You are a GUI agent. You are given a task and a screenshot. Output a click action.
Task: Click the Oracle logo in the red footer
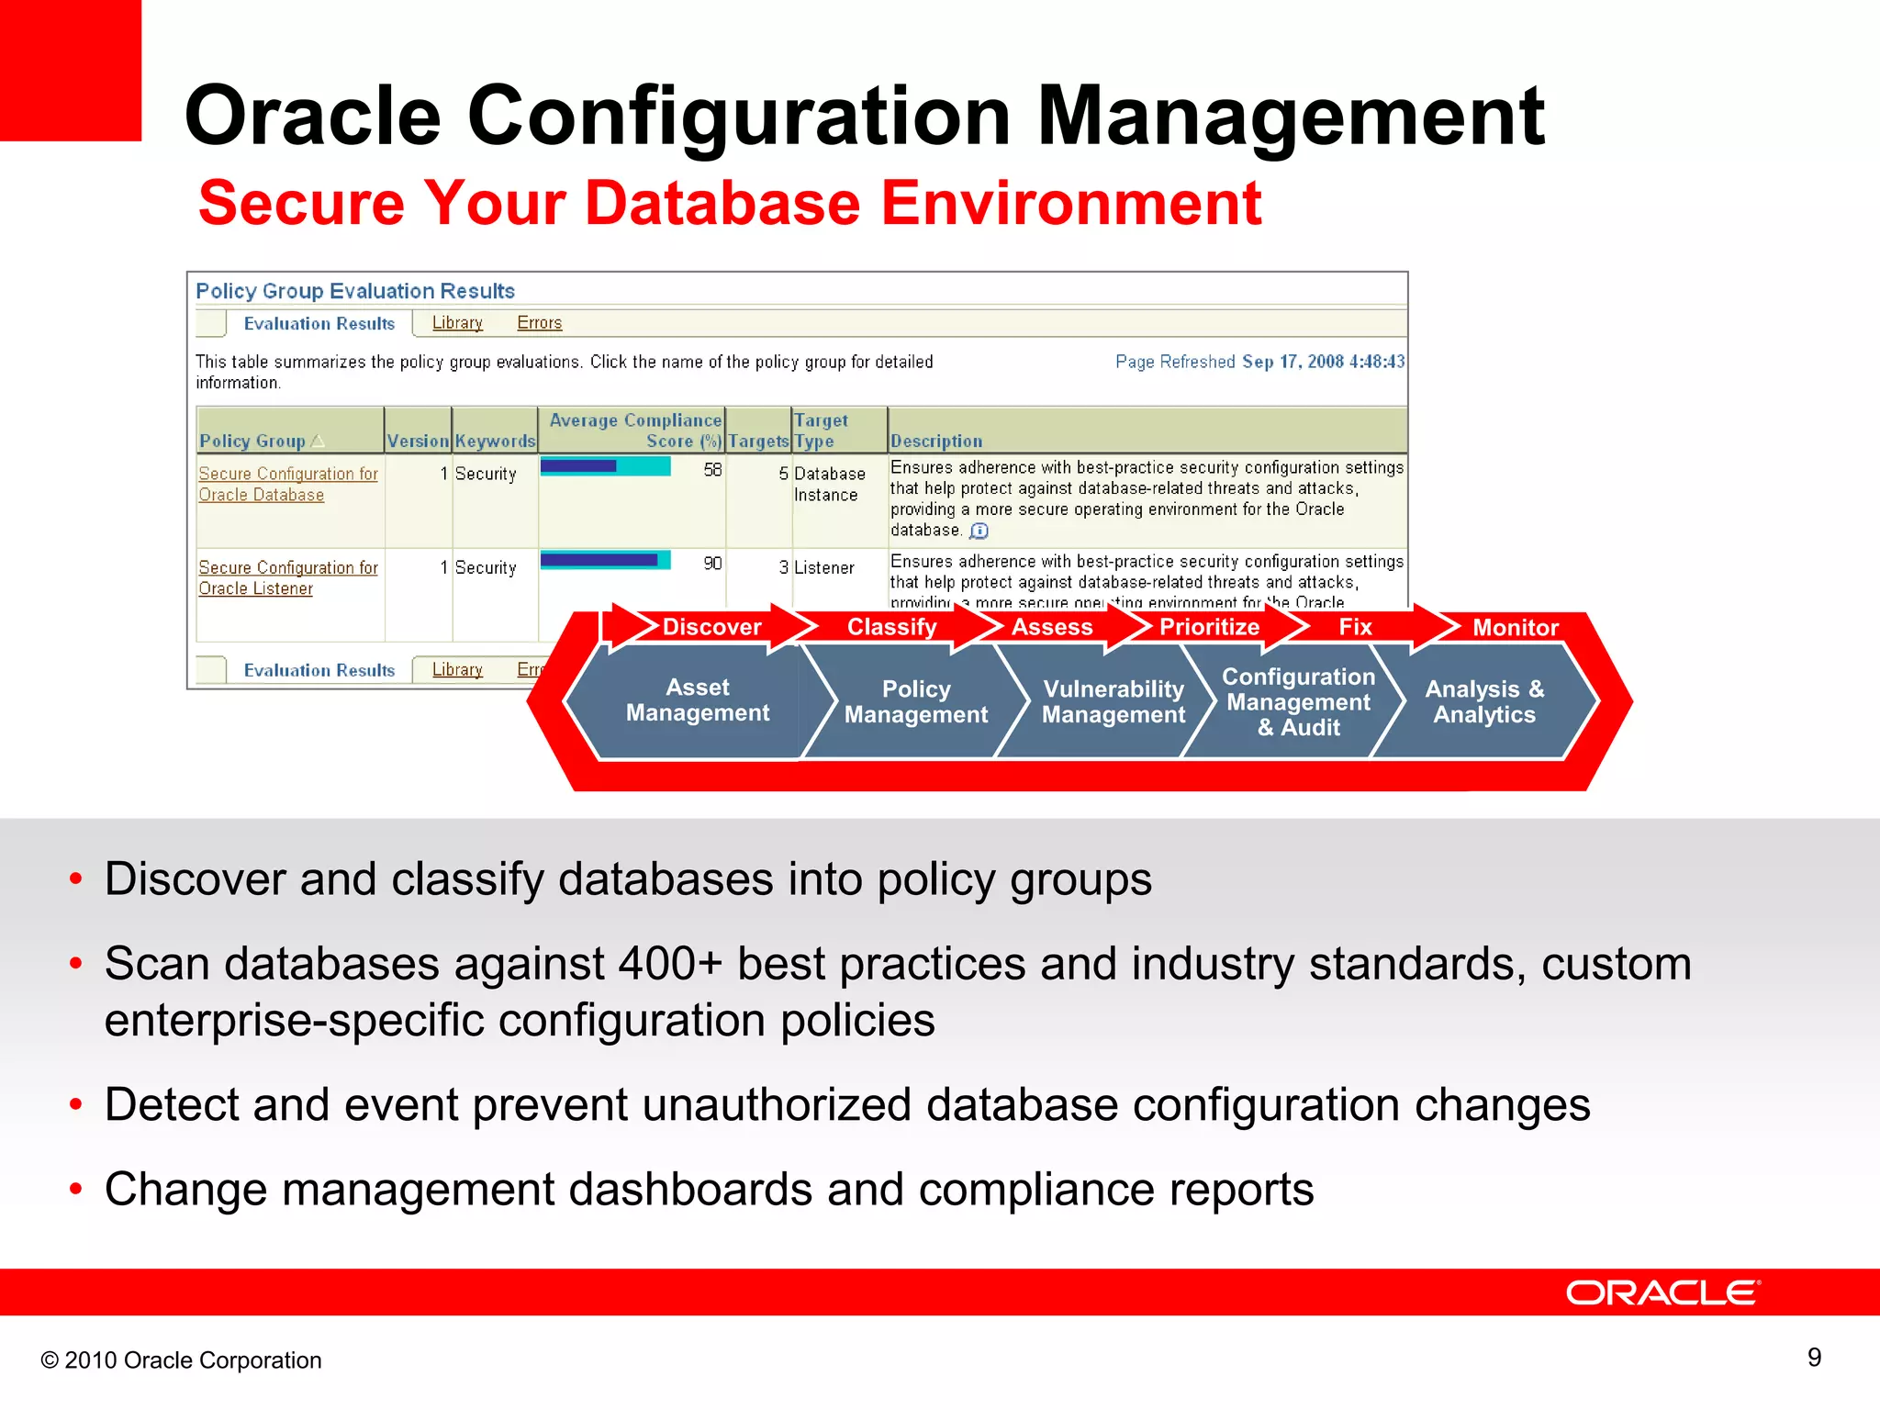1662,1292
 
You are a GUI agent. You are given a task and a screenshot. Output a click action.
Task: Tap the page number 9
1814,1358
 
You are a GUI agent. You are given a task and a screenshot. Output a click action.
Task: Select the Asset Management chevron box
697,700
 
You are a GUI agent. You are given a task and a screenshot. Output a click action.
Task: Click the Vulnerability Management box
1113,702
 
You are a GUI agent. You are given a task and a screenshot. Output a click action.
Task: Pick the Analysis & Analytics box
1483,702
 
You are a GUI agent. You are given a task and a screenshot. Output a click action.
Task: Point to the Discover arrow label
711,627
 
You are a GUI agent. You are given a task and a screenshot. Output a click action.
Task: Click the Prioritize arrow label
1209,627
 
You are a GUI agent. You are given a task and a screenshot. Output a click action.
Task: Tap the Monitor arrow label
1515,628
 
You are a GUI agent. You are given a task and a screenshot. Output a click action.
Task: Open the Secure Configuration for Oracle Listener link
287,577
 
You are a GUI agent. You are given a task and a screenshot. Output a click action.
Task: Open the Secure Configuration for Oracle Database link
287,484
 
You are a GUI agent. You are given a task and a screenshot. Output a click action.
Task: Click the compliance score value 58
712,470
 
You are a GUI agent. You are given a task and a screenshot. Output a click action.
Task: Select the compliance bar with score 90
605,560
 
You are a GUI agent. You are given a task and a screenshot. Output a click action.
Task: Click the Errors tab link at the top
539,323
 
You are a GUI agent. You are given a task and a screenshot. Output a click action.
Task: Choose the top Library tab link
457,323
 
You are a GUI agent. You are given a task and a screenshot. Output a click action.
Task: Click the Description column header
935,442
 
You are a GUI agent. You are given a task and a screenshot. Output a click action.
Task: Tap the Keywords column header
495,442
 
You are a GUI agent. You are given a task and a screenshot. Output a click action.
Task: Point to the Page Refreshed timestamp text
1259,362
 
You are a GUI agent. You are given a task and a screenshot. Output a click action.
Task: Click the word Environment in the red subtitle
1070,203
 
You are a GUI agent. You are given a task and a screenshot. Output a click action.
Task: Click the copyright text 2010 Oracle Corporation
182,1360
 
